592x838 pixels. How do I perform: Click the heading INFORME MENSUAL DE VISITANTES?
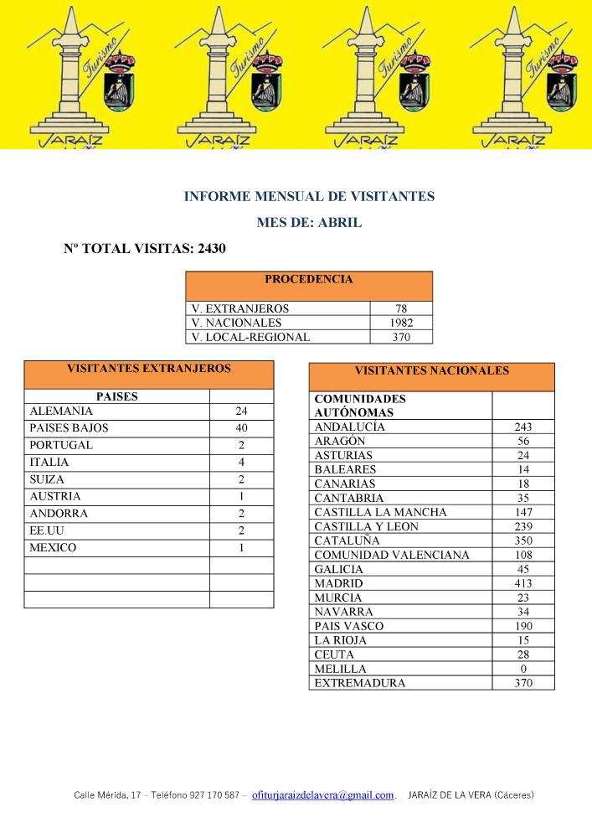309,197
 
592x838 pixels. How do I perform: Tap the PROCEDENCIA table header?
308,280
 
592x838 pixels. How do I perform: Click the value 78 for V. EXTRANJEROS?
401,309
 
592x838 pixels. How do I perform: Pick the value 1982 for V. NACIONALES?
401,323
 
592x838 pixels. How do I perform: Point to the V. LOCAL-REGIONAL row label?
250,337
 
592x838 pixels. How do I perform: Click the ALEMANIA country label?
61,411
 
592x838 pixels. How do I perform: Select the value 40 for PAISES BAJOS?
241,428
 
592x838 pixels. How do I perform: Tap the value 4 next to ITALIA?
241,463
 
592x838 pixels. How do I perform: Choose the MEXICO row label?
53,548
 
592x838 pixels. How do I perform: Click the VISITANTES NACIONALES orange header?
431,370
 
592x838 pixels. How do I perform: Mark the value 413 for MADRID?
523,583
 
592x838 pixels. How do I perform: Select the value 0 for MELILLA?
523,669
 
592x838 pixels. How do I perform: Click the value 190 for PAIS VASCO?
523,626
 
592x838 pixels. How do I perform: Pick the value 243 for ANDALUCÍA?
523,427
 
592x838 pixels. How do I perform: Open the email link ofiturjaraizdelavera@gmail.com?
322,795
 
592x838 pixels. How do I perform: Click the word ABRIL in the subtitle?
340,223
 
